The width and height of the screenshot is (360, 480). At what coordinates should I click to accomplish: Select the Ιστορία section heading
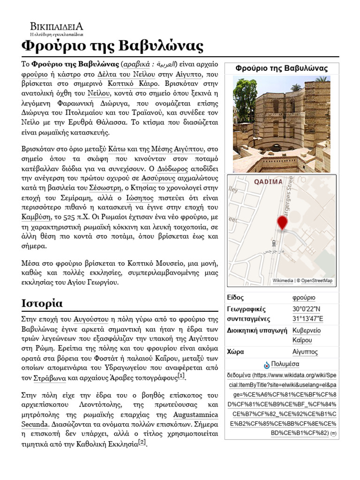(42, 302)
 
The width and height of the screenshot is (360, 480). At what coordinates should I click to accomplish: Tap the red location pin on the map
(282, 223)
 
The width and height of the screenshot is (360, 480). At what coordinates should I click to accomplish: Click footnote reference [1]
(182, 376)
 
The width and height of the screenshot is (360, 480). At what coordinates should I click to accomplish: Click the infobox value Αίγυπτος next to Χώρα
(305, 352)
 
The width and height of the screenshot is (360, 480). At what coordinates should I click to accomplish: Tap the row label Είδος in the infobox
(235, 298)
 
